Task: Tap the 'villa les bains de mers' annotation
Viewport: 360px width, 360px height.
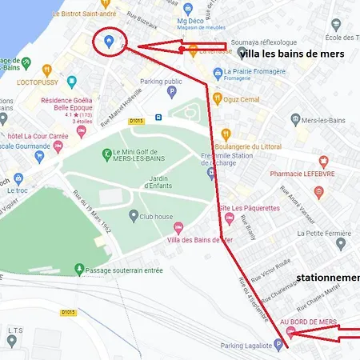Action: point(291,54)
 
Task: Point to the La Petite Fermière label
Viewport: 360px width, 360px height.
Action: point(325,234)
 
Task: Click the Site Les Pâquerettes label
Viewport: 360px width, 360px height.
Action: point(249,208)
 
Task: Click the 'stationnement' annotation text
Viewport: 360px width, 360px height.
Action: point(327,278)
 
